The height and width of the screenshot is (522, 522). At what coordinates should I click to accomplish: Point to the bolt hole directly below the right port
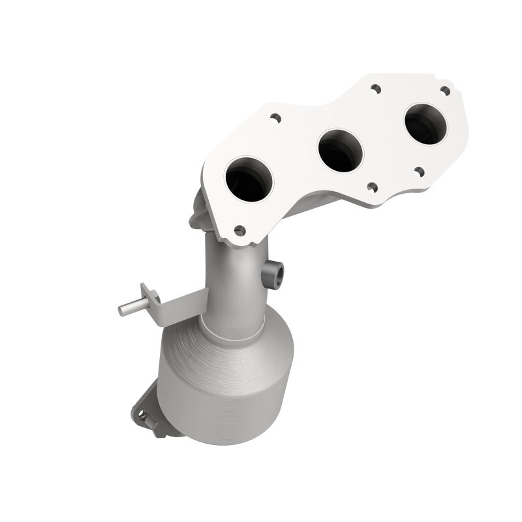(419, 172)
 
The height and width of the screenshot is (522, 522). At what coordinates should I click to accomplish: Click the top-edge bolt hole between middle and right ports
(375, 87)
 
